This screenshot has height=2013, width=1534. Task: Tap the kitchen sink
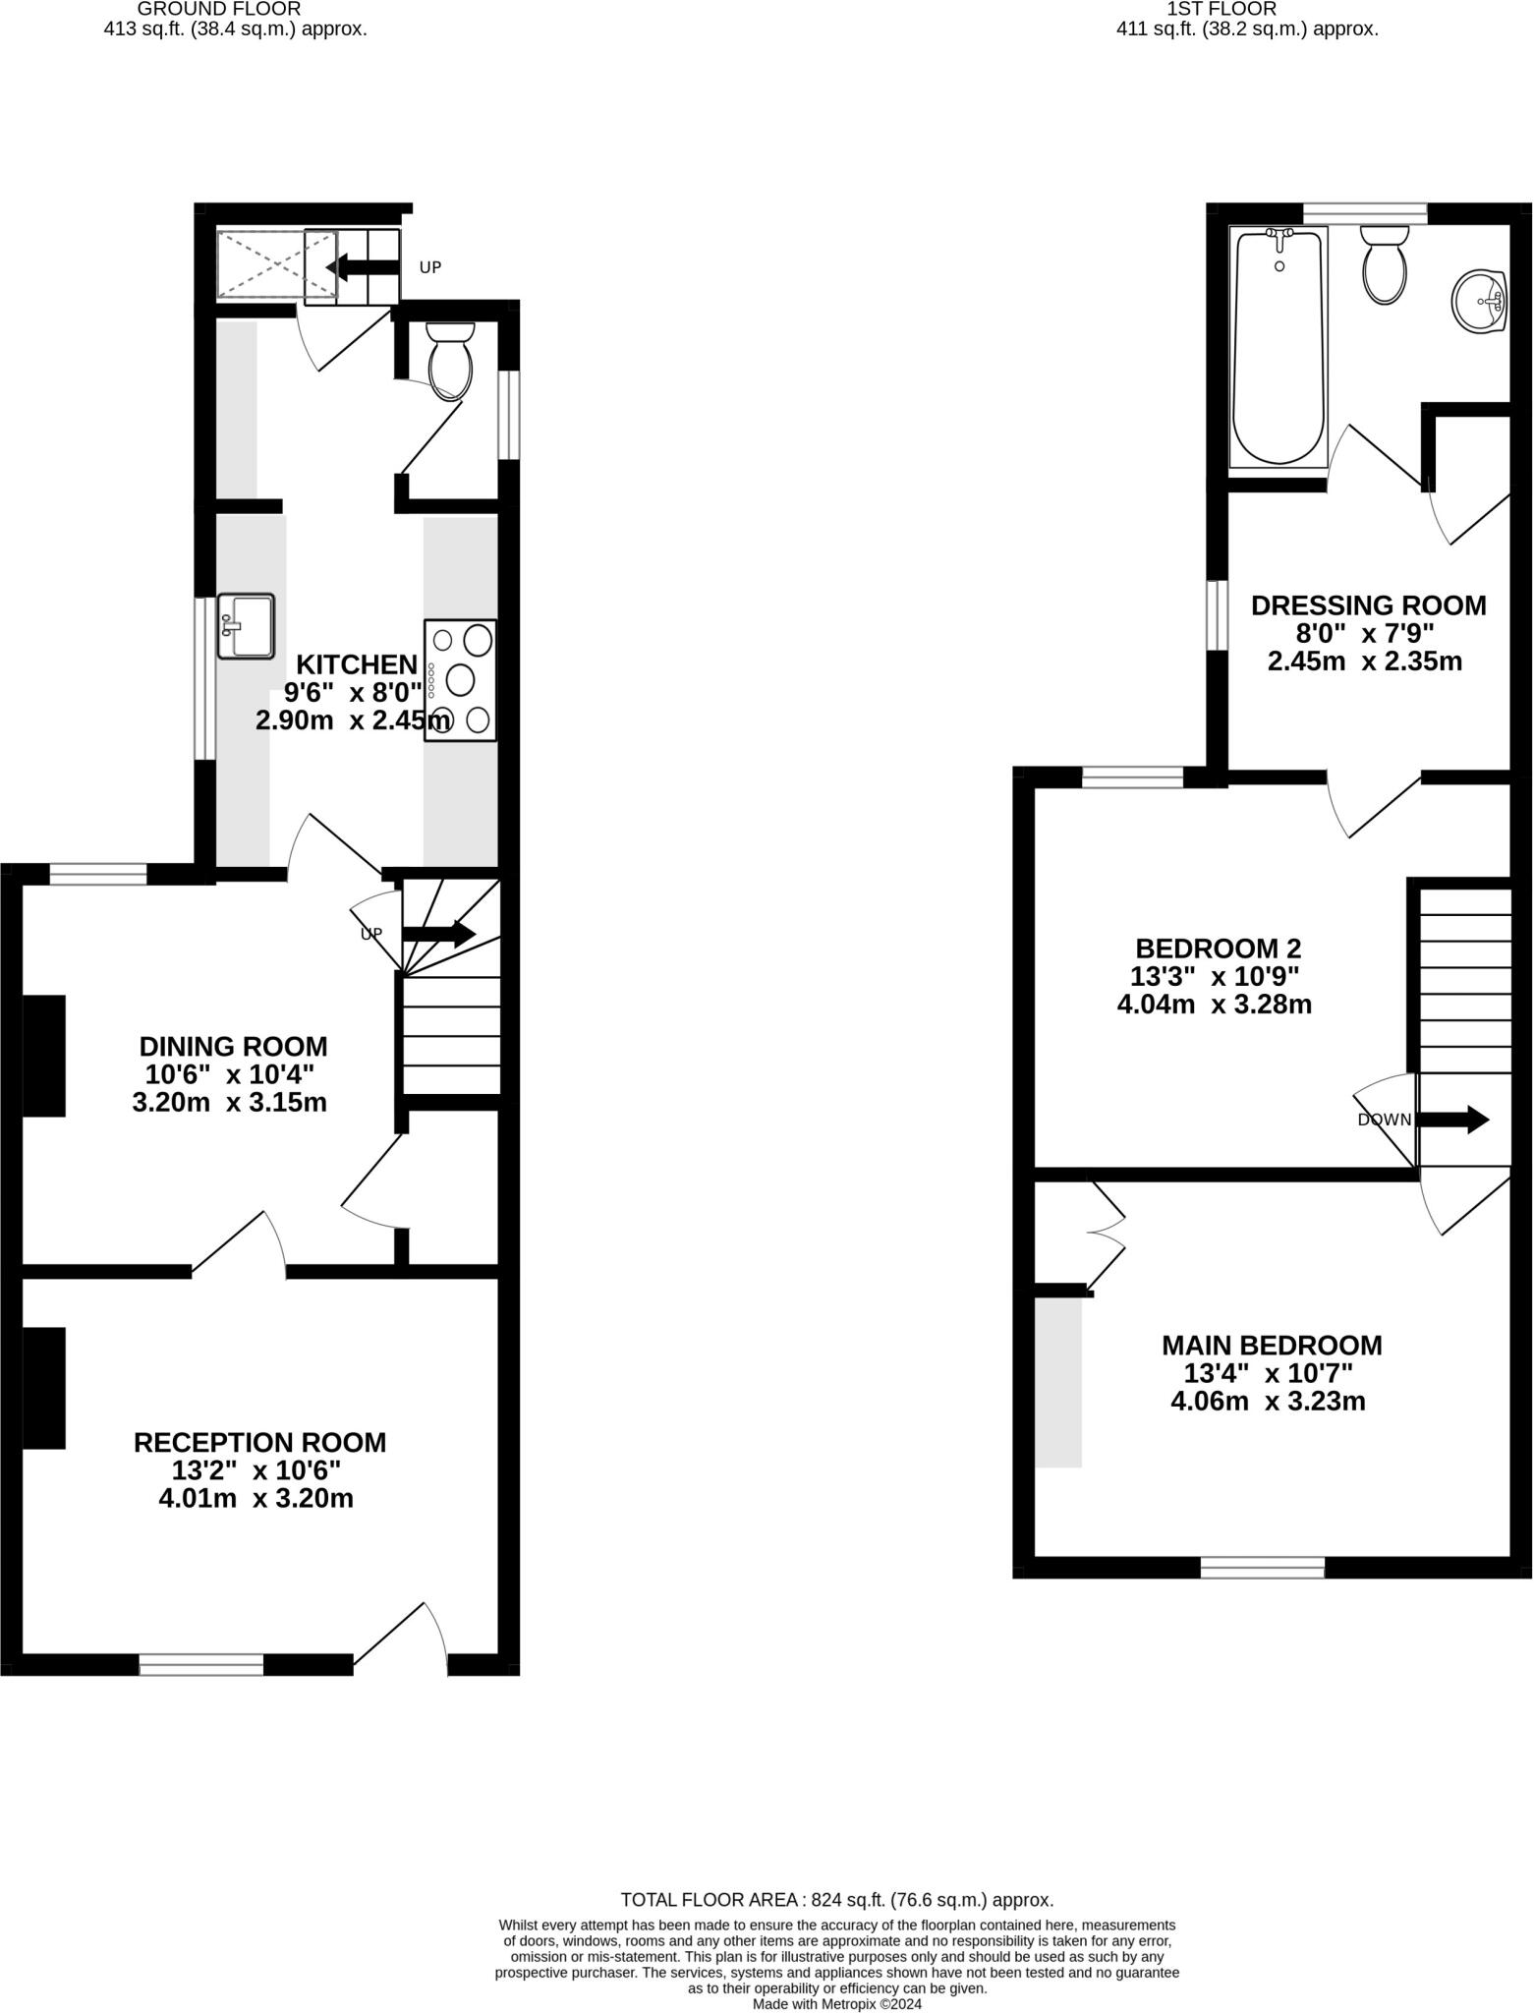pyautogui.click(x=246, y=626)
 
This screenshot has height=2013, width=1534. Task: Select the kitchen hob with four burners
pyautogui.click(x=460, y=680)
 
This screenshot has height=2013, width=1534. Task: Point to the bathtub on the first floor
pyautogui.click(x=1278, y=346)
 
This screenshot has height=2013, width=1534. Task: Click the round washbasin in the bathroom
pyautogui.click(x=1479, y=302)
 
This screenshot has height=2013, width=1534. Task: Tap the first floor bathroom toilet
pyautogui.click(x=1385, y=264)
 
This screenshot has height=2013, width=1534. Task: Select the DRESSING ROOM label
pyautogui.click(x=1368, y=605)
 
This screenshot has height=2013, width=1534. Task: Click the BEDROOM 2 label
pyautogui.click(x=1218, y=949)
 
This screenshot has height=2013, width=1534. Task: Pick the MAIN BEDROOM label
pyautogui.click(x=1272, y=1345)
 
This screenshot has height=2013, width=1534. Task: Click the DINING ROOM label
pyautogui.click(x=233, y=1046)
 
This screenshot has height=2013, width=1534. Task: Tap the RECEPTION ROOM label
pyautogui.click(x=259, y=1442)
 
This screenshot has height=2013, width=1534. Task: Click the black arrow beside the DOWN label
pyautogui.click(x=1452, y=1120)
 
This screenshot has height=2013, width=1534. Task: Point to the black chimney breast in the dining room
pyautogui.click(x=44, y=1056)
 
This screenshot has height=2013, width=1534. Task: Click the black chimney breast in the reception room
pyautogui.click(x=44, y=1388)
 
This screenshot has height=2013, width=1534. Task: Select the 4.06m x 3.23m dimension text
pyautogui.click(x=1268, y=1401)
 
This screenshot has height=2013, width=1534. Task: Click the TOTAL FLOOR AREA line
pyautogui.click(x=836, y=1900)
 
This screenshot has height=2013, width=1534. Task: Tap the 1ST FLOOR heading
pyautogui.click(x=1222, y=9)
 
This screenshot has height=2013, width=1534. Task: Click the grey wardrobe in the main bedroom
pyautogui.click(x=1058, y=1382)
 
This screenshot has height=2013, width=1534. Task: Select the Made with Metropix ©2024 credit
pyautogui.click(x=836, y=2003)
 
